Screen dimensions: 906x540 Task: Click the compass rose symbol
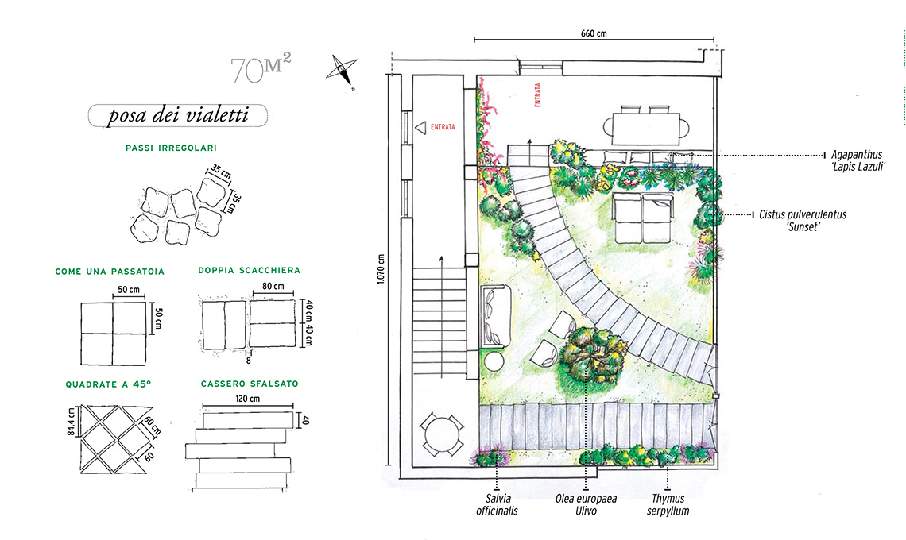[342, 71]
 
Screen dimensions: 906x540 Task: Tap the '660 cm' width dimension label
[594, 33]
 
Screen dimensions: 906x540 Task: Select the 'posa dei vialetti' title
[178, 115]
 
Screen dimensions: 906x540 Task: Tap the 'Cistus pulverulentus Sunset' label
[803, 220]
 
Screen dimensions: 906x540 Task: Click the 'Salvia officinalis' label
[497, 505]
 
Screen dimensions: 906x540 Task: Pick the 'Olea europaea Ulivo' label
[586, 505]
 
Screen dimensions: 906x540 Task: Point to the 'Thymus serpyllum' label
[668, 505]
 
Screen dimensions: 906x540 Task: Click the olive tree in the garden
[590, 358]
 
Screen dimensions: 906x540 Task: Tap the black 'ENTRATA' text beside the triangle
[443, 127]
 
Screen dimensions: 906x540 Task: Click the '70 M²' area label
[261, 68]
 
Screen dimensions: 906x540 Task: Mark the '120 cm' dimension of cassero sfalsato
[247, 399]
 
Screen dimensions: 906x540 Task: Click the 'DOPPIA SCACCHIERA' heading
[249, 270]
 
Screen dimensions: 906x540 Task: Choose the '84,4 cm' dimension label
[71, 422]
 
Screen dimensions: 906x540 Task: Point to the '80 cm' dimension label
[273, 286]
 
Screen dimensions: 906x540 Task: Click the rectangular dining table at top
[646, 128]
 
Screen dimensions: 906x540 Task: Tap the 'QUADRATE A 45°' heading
[108, 384]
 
